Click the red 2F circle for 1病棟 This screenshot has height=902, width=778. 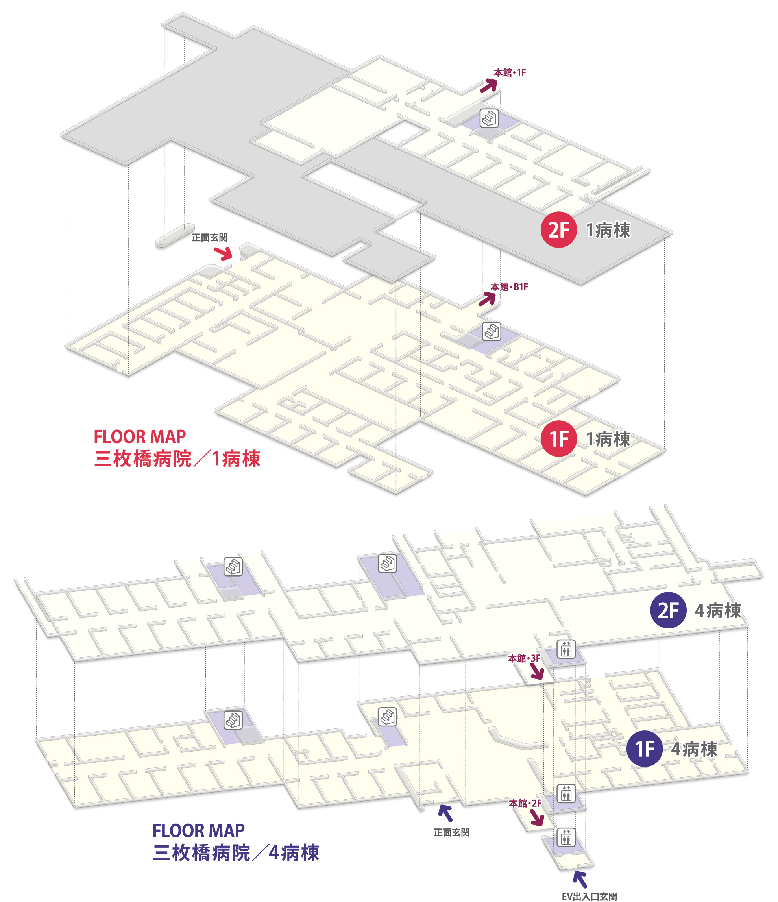click(x=558, y=229)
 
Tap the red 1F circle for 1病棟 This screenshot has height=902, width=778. click(x=558, y=438)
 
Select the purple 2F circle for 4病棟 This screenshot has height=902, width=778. click(x=668, y=610)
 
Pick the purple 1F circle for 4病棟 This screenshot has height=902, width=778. click(x=644, y=749)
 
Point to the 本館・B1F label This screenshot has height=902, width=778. click(x=509, y=287)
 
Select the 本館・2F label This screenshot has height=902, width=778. click(x=525, y=803)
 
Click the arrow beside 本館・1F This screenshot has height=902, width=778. click(x=488, y=85)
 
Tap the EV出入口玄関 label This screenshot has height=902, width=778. click(x=589, y=896)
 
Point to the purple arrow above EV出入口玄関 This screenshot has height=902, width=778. click(x=580, y=879)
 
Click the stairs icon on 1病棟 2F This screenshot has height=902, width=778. click(x=489, y=118)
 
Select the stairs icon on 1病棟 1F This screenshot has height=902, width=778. click(x=491, y=332)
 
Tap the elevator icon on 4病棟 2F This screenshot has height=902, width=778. click(x=565, y=649)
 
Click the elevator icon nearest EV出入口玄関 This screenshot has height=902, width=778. click(x=565, y=837)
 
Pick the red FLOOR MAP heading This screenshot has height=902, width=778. click(x=140, y=436)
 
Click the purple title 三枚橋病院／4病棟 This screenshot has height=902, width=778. click(x=236, y=853)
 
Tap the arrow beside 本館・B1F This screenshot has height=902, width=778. click(x=487, y=299)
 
